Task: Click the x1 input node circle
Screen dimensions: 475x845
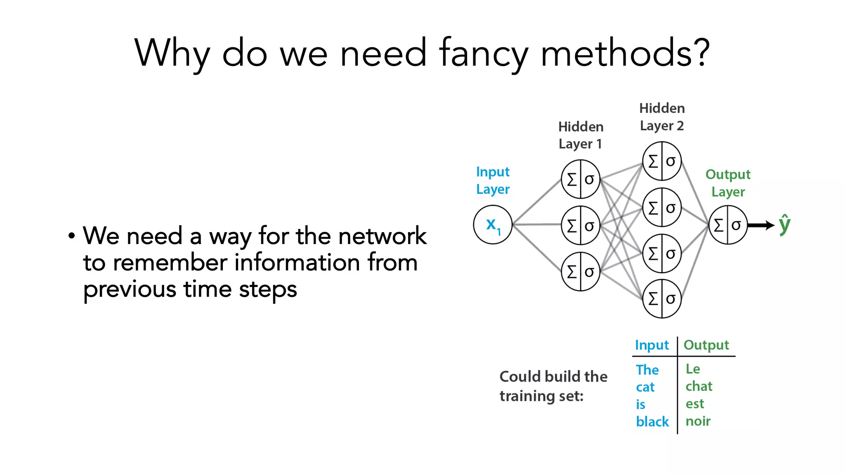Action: pyautogui.click(x=493, y=225)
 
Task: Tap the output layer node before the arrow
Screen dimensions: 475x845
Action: pyautogui.click(x=728, y=225)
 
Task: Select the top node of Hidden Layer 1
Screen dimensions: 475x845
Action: pyautogui.click(x=581, y=179)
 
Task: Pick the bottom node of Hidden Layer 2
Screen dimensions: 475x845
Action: pyautogui.click(x=662, y=299)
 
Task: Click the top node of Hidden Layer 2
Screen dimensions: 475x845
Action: pyautogui.click(x=662, y=161)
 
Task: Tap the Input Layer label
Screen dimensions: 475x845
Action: pyautogui.click(x=493, y=181)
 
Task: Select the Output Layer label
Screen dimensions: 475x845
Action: pyautogui.click(x=728, y=183)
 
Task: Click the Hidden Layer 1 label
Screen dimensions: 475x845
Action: pyautogui.click(x=581, y=135)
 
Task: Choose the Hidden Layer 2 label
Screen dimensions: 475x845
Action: pyautogui.click(x=662, y=117)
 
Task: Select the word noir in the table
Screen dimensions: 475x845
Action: pyautogui.click(x=698, y=421)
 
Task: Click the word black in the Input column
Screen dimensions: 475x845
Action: pyautogui.click(x=652, y=421)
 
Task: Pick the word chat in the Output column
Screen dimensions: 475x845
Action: pyautogui.click(x=699, y=386)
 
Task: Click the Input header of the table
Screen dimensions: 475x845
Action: pyautogui.click(x=651, y=345)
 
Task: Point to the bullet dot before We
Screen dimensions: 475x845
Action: pyautogui.click(x=72, y=236)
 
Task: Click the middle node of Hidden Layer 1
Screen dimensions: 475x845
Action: pyautogui.click(x=581, y=225)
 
